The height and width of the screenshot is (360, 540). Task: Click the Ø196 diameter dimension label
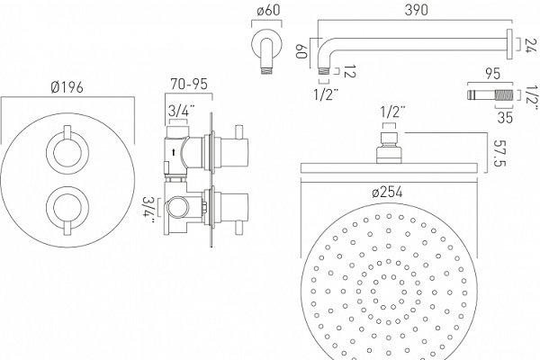(67, 87)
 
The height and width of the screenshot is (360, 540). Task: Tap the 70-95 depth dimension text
(189, 84)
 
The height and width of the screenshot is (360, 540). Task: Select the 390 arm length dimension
(417, 10)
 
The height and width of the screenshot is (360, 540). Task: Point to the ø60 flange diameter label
(268, 10)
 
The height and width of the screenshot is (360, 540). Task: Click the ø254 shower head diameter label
(387, 192)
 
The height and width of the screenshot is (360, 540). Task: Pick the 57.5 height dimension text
(499, 153)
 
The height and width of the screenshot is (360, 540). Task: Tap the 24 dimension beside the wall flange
(531, 46)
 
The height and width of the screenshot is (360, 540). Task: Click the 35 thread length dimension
(505, 117)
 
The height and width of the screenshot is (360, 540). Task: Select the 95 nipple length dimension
(492, 74)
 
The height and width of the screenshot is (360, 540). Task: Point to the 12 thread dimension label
(349, 71)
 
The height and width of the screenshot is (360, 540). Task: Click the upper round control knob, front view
(67, 152)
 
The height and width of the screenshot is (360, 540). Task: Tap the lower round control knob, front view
(67, 208)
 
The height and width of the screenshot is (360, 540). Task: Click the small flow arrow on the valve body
(174, 151)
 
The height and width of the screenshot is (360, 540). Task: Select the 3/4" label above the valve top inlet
(181, 111)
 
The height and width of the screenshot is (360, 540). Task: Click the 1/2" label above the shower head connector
(392, 112)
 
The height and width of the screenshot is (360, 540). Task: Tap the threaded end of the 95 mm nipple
(504, 94)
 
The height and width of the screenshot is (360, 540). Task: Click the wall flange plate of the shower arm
(509, 44)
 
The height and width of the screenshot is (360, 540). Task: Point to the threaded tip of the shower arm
(323, 71)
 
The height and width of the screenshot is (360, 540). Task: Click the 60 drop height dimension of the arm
(301, 51)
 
